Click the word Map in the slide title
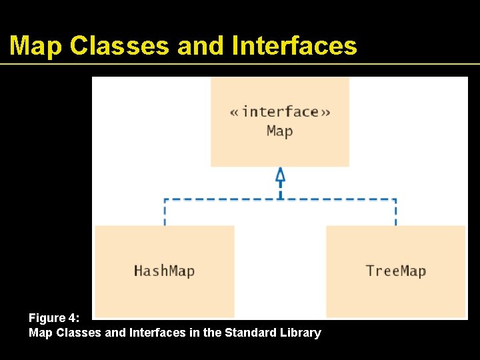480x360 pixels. coord(36,46)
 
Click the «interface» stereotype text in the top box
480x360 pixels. coord(280,111)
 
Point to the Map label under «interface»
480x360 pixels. coord(280,130)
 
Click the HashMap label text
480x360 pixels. coord(164,271)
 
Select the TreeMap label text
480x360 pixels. coord(395,271)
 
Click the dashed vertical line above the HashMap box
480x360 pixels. coord(165,213)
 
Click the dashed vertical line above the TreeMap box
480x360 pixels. coord(395,213)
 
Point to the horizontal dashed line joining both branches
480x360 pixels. coord(220,199)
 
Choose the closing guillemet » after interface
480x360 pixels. coord(325,112)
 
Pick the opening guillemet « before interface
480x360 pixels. coord(235,112)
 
